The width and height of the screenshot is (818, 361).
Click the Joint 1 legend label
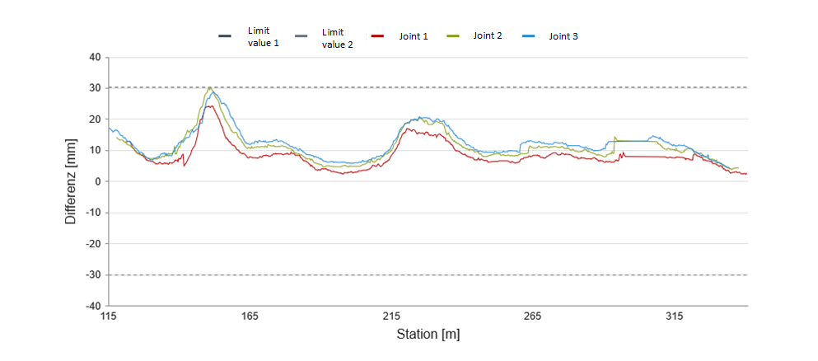point(413,37)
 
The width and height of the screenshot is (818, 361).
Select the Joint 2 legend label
point(488,36)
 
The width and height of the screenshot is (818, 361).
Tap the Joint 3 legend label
point(563,37)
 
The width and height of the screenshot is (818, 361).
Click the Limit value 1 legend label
point(264,36)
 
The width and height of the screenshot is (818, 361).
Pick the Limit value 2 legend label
point(338,38)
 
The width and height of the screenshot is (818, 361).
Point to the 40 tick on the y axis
point(94,58)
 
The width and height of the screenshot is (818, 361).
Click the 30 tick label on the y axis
point(94,88)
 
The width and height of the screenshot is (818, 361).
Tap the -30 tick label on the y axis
point(92,275)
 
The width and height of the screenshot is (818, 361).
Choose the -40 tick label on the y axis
point(92,306)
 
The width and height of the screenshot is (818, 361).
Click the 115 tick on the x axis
point(108,316)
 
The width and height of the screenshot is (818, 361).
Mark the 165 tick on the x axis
point(250,316)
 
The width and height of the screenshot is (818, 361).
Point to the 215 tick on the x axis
point(391,316)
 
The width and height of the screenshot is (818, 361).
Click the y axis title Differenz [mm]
point(71,181)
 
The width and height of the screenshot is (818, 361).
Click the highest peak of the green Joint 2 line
point(210,87)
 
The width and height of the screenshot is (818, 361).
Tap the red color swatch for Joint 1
point(378,36)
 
